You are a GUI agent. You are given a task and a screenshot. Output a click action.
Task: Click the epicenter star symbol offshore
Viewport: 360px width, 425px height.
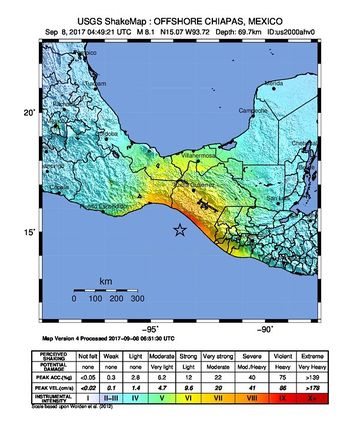point(180,231)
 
